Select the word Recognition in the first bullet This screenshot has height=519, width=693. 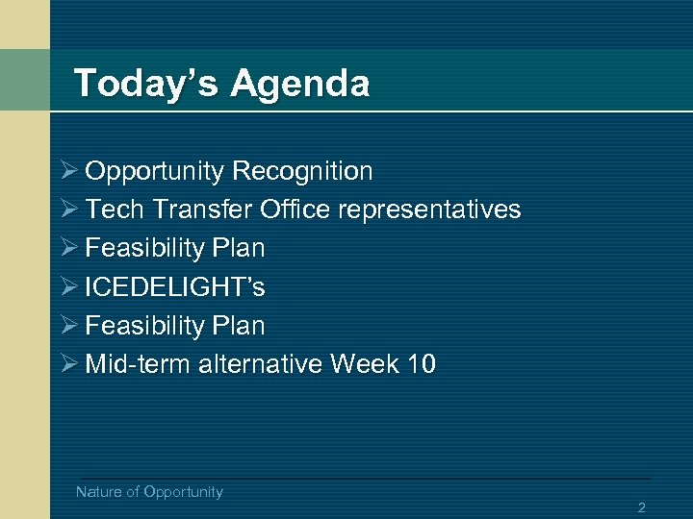[302, 172]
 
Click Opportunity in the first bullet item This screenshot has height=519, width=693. [155, 172]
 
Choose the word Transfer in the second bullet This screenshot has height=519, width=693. [189, 210]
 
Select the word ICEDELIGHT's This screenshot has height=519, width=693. [175, 287]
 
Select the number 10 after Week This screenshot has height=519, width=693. [420, 365]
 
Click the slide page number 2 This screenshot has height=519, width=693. [641, 507]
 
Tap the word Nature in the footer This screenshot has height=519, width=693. [99, 492]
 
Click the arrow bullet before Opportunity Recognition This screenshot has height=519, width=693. [68, 172]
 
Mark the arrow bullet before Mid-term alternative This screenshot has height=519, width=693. [68, 365]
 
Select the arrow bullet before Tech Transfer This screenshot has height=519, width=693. [68, 210]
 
